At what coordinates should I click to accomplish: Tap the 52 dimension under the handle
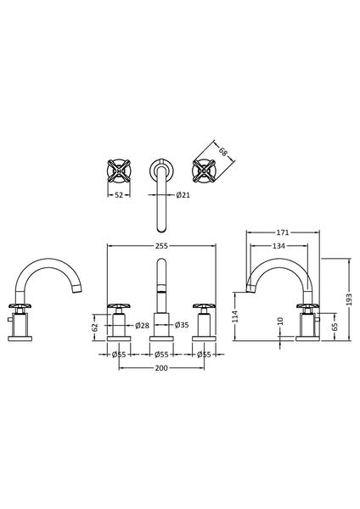click(120, 195)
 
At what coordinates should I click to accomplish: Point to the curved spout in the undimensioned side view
click(47, 271)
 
